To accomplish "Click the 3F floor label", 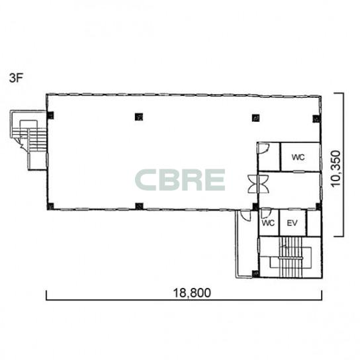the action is (16, 78).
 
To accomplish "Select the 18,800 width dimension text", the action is (192, 293).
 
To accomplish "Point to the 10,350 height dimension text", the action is (336, 169).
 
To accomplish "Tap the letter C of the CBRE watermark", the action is (146, 180).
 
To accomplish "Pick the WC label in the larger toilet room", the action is (298, 157).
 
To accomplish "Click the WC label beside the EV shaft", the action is (268, 223).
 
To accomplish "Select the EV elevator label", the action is (292, 223).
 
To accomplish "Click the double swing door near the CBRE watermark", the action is (258, 184).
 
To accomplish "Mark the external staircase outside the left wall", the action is (28, 140).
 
